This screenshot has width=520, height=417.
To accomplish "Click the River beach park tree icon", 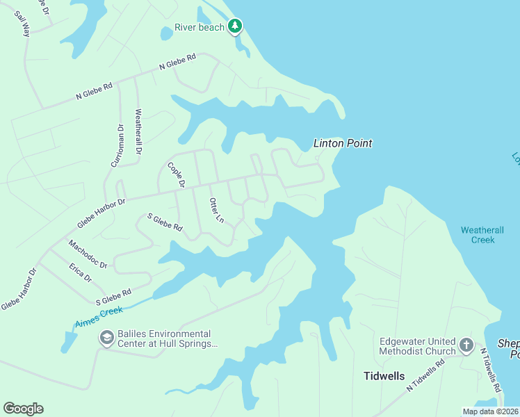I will click(x=235, y=26).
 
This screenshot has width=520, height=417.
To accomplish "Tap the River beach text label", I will click(x=200, y=27).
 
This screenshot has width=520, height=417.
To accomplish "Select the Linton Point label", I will click(x=343, y=143).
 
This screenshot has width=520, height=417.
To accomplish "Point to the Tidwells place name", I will click(x=383, y=376).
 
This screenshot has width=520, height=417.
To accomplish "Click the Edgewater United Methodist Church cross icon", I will click(x=466, y=344).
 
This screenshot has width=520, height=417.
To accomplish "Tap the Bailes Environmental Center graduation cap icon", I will click(x=106, y=338).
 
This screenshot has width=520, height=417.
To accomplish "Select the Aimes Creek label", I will click(x=99, y=316).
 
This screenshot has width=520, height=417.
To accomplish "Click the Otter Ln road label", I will click(x=216, y=210).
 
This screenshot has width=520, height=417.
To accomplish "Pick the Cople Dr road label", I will click(x=176, y=174).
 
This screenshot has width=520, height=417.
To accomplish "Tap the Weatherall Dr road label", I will click(x=138, y=131).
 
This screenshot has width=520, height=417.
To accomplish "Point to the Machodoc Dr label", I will click(x=88, y=254).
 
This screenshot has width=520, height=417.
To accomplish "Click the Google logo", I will click(x=23, y=409).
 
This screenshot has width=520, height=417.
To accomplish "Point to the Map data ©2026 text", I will click(x=490, y=411).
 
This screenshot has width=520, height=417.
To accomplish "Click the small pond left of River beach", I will click(x=167, y=33).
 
